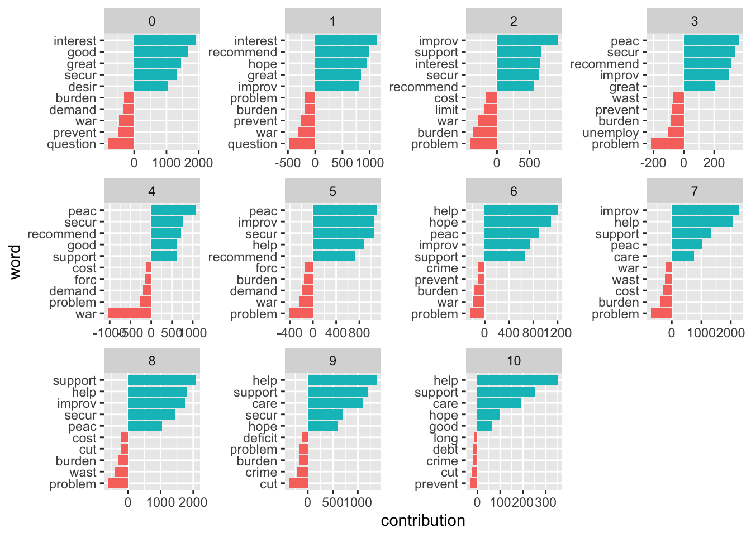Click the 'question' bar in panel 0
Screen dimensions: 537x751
click(121, 144)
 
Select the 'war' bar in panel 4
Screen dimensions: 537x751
click(130, 314)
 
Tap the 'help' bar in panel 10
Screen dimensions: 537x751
click(517, 380)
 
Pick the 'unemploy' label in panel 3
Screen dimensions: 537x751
click(611, 133)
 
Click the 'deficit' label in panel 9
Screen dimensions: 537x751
click(260, 438)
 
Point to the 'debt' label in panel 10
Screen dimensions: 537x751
click(445, 450)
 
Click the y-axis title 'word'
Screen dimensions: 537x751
click(15, 262)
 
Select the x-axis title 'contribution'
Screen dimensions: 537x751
click(423, 521)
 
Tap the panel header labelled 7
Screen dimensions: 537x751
click(694, 191)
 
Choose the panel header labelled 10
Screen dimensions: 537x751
click(514, 361)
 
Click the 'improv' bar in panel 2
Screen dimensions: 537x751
click(527, 40)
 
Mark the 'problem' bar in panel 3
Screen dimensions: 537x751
click(667, 144)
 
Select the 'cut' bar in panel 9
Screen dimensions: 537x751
click(298, 484)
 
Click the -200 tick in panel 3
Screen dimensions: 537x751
click(654, 163)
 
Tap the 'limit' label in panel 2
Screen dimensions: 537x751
click(446, 110)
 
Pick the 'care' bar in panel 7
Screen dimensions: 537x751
click(683, 256)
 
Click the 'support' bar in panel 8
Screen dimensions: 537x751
click(161, 380)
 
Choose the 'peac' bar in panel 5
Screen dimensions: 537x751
click(344, 210)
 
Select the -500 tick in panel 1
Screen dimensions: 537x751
click(288, 163)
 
